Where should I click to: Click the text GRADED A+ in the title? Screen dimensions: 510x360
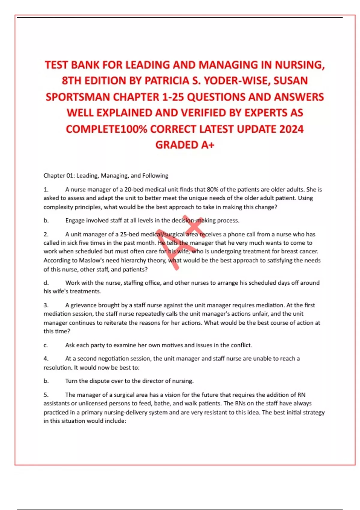coord(185,145)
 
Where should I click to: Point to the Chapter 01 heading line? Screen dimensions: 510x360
coord(106,175)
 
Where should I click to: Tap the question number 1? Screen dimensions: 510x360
coord(46,190)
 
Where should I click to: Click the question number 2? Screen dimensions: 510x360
coord(46,234)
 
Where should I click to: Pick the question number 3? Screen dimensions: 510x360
coord(46,305)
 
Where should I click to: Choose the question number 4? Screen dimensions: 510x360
coord(46,358)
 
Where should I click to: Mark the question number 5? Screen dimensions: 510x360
coord(46,395)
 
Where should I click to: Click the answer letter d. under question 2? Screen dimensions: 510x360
coord(46,283)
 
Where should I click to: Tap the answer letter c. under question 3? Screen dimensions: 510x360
coord(46,345)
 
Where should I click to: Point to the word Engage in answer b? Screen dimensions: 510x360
coord(75,220)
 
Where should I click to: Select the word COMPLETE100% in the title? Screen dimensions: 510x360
coord(106,129)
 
